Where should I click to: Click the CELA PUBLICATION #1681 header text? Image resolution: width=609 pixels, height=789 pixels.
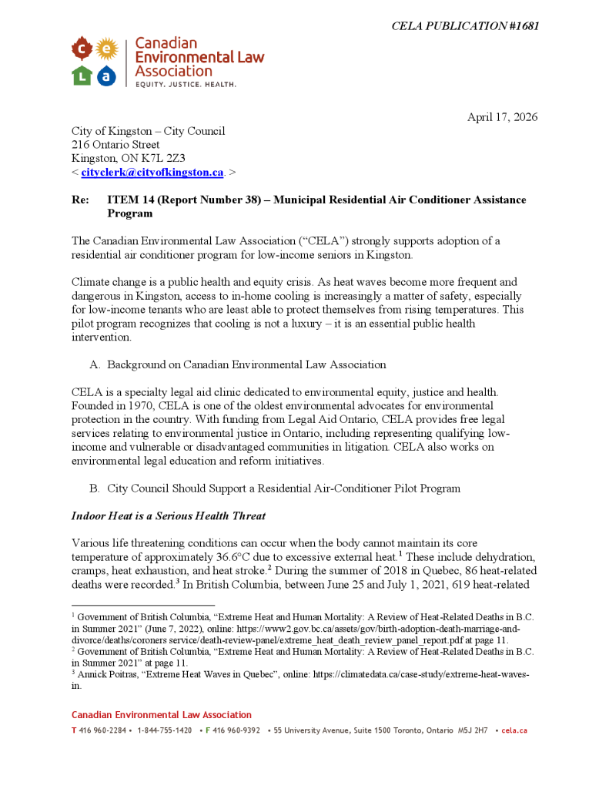click(x=465, y=26)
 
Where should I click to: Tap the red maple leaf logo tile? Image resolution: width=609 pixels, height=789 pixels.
click(x=82, y=51)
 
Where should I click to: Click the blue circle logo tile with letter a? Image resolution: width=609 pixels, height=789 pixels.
click(x=107, y=76)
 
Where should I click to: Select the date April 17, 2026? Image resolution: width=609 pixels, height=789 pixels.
click(x=502, y=117)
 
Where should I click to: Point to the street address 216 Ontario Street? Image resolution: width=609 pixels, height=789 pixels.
click(x=115, y=145)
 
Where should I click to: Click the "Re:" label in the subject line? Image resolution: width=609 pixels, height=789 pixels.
click(x=80, y=200)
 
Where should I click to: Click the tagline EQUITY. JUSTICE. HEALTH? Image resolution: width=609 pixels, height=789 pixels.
click(x=186, y=83)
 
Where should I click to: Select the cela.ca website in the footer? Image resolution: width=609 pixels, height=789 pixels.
click(x=514, y=730)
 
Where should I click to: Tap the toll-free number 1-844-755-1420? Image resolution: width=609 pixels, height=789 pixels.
click(x=165, y=730)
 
